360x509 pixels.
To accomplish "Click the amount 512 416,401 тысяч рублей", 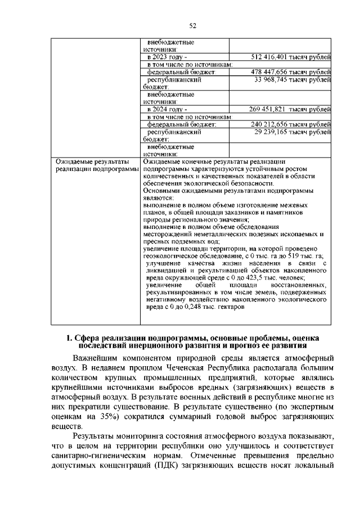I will click(x=290, y=57).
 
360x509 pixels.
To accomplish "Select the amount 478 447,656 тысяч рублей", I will click(x=290, y=72).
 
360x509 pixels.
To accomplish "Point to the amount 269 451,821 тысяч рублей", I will click(x=290, y=109).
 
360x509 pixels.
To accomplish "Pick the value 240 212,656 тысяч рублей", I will click(x=290, y=124).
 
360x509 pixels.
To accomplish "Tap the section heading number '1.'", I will click(x=69, y=338).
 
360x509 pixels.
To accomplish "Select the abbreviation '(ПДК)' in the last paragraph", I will click(x=179, y=465).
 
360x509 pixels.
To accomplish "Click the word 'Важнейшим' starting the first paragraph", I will click(x=100, y=358).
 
